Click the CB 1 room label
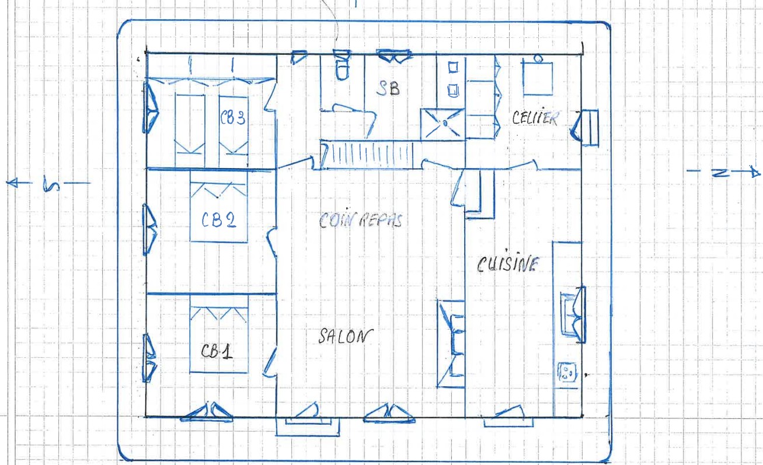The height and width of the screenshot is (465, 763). point(217,351)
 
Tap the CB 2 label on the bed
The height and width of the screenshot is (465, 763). point(219,219)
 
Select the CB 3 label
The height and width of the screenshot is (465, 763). point(233,118)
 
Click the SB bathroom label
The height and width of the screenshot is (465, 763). point(388,89)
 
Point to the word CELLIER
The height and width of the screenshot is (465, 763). point(535,118)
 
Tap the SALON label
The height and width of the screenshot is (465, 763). point(346,336)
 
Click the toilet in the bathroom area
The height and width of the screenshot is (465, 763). point(342,65)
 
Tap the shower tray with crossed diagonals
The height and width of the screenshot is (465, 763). point(443,124)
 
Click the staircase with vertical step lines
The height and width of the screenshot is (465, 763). point(367,156)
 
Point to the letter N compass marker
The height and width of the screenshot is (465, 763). point(721,173)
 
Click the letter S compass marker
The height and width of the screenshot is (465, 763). point(51,183)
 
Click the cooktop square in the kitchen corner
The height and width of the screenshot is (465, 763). point(567,372)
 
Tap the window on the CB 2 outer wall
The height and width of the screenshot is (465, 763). point(149,229)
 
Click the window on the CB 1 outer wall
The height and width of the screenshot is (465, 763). point(149,358)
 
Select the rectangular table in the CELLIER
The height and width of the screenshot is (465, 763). point(538,78)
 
